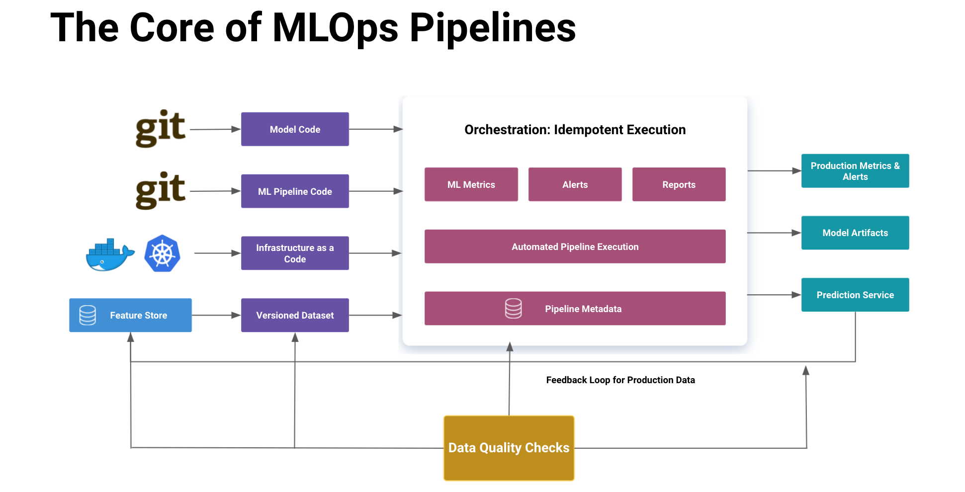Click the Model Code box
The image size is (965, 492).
pyautogui.click(x=295, y=129)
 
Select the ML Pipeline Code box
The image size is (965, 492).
pyautogui.click(x=295, y=191)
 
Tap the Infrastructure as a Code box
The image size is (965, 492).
pyautogui.click(x=295, y=253)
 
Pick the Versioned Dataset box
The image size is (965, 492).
pyautogui.click(x=295, y=315)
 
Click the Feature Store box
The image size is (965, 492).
pyautogui.click(x=130, y=315)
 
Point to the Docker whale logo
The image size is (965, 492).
pyautogui.click(x=110, y=255)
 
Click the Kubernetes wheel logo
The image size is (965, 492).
pyautogui.click(x=162, y=253)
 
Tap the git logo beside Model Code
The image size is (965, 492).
pyautogui.click(x=161, y=129)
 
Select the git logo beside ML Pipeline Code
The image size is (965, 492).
pyautogui.click(x=161, y=191)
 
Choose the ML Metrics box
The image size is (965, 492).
pyautogui.click(x=471, y=184)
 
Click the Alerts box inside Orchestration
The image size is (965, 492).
pyautogui.click(x=575, y=184)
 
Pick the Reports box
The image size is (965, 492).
pyautogui.click(x=679, y=184)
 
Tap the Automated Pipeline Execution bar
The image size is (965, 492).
pyautogui.click(x=575, y=246)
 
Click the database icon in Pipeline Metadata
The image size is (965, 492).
pyautogui.click(x=514, y=309)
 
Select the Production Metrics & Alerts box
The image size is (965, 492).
pyautogui.click(x=855, y=171)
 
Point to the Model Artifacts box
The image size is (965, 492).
pyautogui.click(x=855, y=233)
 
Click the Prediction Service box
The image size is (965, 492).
pyautogui.click(x=855, y=295)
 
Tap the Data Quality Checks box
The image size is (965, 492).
pyautogui.click(x=509, y=448)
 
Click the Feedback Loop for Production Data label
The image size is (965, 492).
pyautogui.click(x=620, y=380)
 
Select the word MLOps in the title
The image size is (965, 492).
pyautogui.click(x=336, y=29)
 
